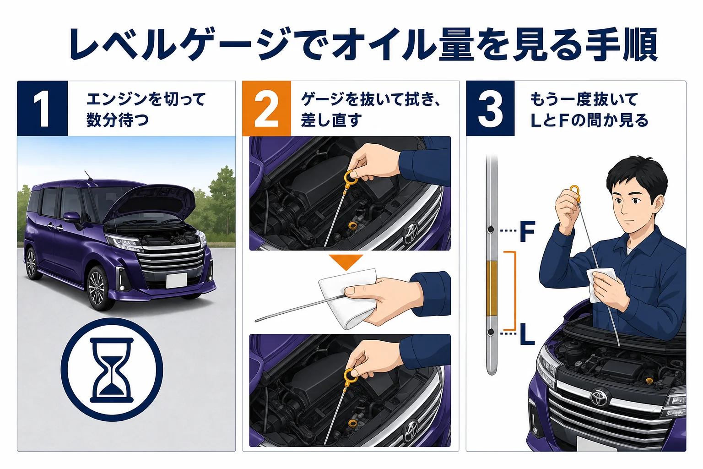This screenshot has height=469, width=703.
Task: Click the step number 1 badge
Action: tap(43, 109)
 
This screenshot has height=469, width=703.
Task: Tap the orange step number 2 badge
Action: tap(266, 109)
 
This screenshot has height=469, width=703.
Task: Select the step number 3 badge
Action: tap(490, 109)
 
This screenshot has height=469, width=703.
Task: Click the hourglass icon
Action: tap(112, 370)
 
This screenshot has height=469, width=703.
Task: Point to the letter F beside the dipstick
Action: tap(527, 231)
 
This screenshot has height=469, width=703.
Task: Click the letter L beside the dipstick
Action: tap(527, 334)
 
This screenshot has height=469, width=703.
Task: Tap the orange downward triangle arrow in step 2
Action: tap(346, 262)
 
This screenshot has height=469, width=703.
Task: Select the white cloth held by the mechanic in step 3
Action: tap(602, 284)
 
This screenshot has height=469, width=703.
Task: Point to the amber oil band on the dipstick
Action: tap(491, 289)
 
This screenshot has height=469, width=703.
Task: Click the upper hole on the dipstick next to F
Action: tap(491, 230)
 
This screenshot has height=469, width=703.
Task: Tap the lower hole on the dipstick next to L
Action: tap(491, 332)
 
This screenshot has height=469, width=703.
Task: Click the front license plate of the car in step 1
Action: tap(176, 280)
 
